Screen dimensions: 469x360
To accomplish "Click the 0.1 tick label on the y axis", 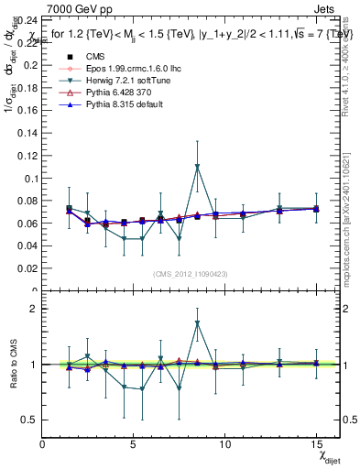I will tap(27, 153).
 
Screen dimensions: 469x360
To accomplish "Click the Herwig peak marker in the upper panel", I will tap(197, 167).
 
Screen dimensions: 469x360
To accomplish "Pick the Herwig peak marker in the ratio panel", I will tap(197, 323).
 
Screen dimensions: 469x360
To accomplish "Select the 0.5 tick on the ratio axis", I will tap(28, 420).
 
